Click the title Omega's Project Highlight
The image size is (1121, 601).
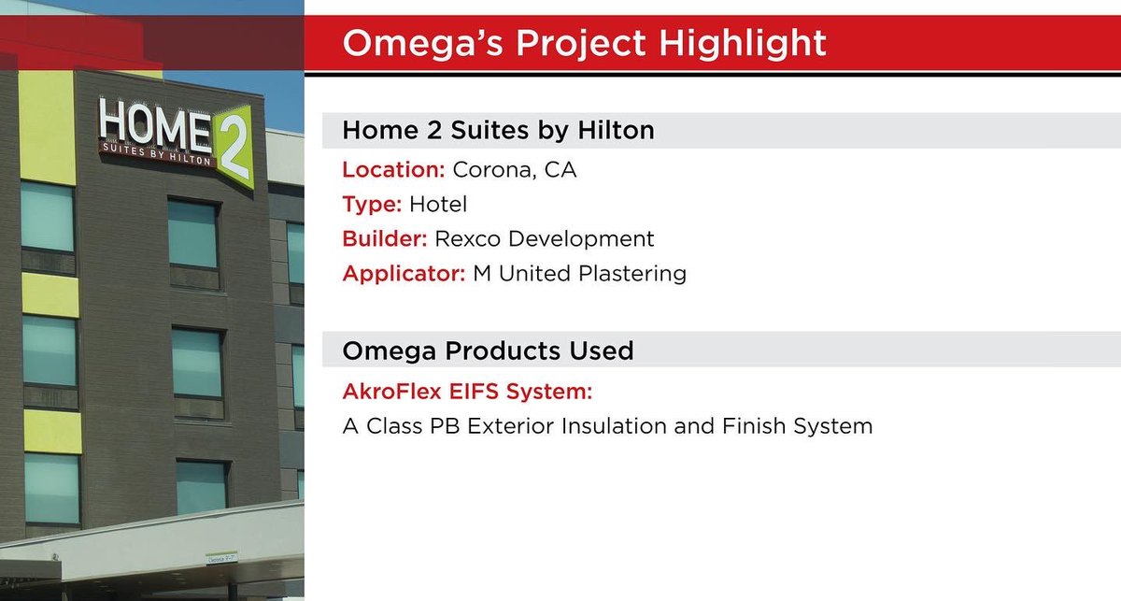click(x=584, y=44)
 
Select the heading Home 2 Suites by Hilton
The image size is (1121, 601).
click(x=498, y=130)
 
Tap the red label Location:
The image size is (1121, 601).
click(x=393, y=170)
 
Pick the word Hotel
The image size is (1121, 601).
click(x=438, y=204)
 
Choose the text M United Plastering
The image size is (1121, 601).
click(x=575, y=273)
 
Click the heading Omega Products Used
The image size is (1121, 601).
click(x=488, y=351)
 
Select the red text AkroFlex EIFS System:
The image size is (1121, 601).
click(x=467, y=391)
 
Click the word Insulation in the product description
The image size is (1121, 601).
click(x=636, y=426)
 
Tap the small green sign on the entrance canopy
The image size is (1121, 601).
click(x=216, y=562)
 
